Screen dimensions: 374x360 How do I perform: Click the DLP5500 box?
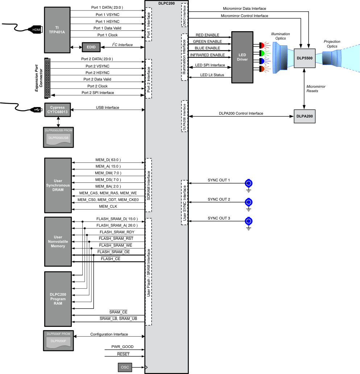(x=304, y=58)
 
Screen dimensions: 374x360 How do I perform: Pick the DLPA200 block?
(x=304, y=117)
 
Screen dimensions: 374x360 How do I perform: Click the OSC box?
(x=125, y=367)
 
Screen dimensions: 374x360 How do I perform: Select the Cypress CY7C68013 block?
(x=57, y=110)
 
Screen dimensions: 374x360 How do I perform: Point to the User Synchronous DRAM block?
(x=58, y=185)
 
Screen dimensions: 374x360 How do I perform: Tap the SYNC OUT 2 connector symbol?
(x=249, y=202)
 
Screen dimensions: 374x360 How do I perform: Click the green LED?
(x=262, y=53)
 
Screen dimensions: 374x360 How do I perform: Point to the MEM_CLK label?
(x=108, y=206)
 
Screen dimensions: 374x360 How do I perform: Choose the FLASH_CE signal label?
(x=110, y=259)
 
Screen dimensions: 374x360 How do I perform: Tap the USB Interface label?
(x=107, y=107)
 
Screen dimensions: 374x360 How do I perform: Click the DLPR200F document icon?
(x=58, y=341)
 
